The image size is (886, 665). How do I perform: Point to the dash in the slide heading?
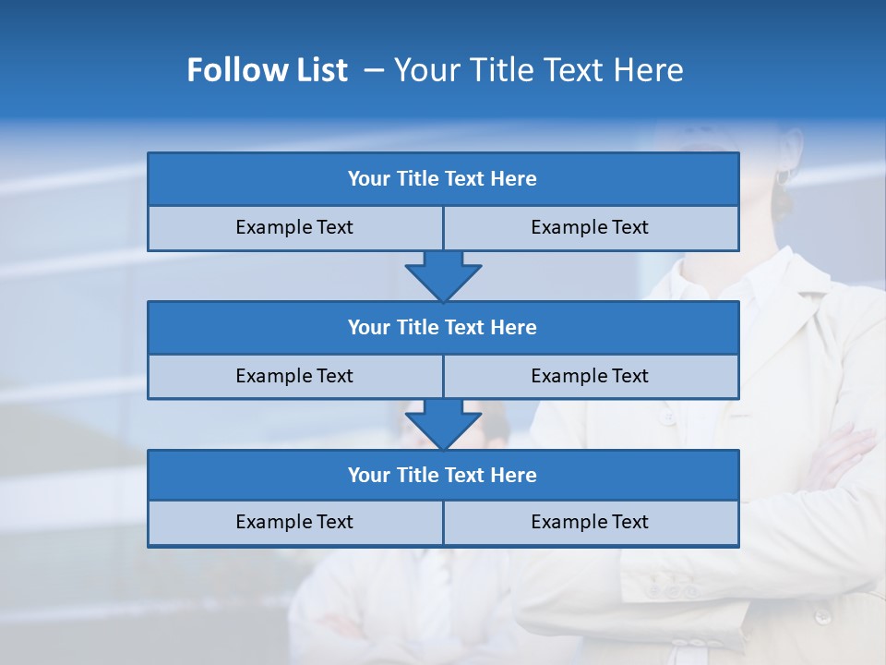tap(374, 70)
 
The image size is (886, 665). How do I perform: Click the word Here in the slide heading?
tap(652, 70)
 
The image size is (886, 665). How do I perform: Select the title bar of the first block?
tap(443, 179)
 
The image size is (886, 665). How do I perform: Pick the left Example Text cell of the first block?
tap(294, 227)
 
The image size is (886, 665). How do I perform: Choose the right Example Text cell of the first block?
tap(590, 227)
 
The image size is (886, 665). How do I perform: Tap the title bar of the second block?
tap(443, 327)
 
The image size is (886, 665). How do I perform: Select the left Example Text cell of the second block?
tap(294, 376)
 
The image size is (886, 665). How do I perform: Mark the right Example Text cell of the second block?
tap(590, 376)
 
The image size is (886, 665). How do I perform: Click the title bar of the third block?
tap(443, 475)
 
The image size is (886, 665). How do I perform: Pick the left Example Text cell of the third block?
tap(294, 522)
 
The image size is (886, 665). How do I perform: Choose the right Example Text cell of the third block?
tap(590, 522)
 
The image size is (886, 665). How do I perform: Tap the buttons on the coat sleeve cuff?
tap(671, 588)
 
